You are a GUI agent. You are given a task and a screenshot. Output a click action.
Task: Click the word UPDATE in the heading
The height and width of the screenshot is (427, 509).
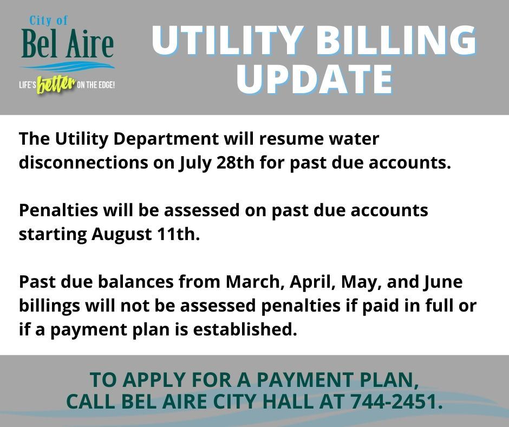314,80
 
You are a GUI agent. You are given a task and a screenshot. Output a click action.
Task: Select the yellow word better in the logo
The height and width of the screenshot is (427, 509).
55,85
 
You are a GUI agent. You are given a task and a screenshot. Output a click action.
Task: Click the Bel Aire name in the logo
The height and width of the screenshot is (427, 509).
67,45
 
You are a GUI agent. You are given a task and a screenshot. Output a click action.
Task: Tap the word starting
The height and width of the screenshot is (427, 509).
53,235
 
